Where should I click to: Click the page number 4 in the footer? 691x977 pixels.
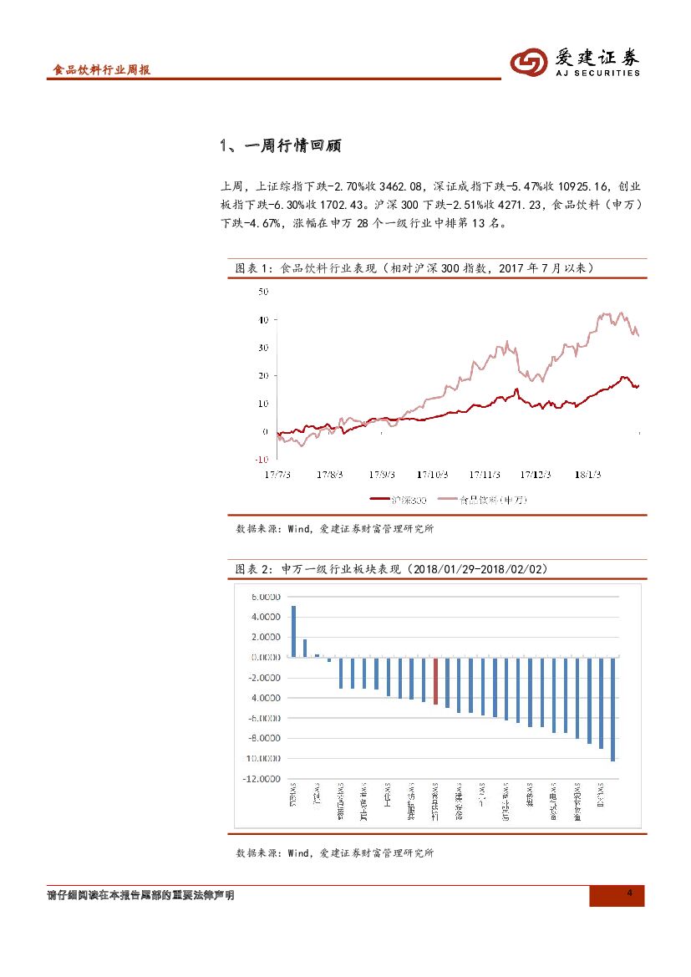tap(630, 895)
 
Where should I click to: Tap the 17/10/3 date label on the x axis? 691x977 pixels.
tap(433, 475)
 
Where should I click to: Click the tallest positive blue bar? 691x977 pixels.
tap(293, 631)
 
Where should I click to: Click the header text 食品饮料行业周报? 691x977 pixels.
tap(101, 71)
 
